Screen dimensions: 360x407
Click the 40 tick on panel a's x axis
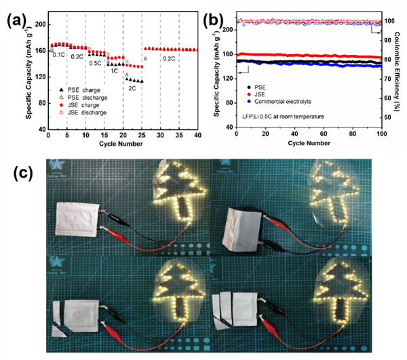[x=197, y=135]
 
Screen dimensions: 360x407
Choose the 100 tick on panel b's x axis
[x=382, y=135]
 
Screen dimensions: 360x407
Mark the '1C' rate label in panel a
[x=115, y=70]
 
